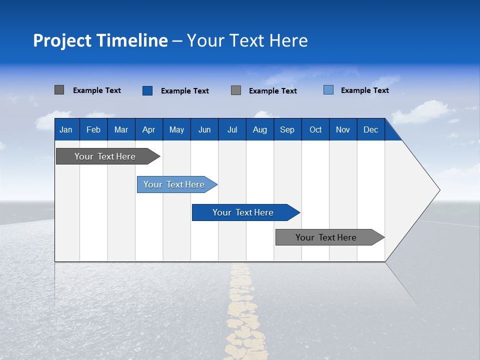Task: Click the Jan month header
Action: (x=66, y=129)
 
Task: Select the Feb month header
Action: (x=93, y=129)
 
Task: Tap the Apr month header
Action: (x=148, y=129)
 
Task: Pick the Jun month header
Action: (x=204, y=129)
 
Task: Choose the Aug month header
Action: (x=259, y=129)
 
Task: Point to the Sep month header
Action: (x=287, y=129)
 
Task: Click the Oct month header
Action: (x=315, y=129)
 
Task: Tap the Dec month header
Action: (x=370, y=129)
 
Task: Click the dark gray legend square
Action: (x=59, y=90)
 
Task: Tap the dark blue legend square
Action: (x=147, y=90)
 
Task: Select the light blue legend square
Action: (x=328, y=90)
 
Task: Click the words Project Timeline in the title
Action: (x=100, y=40)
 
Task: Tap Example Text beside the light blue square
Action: (x=364, y=90)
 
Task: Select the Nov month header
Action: (x=343, y=129)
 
